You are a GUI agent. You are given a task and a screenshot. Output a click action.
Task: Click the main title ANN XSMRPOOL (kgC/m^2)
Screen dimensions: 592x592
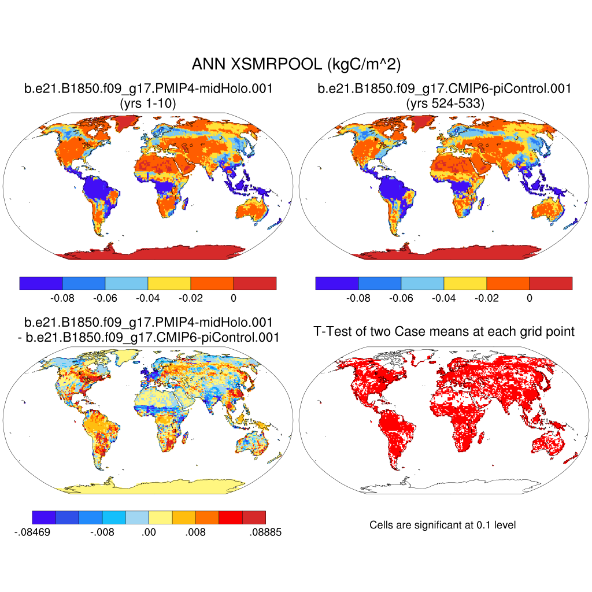(296, 64)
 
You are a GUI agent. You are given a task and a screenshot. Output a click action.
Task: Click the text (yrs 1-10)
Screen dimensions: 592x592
(147, 104)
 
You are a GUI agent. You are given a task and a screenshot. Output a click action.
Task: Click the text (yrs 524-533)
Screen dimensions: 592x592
(444, 104)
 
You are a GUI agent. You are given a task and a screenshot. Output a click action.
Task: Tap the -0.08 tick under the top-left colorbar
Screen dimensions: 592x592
(62, 299)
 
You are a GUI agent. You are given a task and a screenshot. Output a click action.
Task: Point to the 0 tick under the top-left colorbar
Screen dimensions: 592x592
(234, 299)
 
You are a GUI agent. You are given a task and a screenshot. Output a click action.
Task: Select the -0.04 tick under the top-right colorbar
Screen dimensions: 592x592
(444, 299)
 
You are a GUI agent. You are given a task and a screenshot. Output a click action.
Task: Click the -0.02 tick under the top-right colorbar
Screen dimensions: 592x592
(487, 299)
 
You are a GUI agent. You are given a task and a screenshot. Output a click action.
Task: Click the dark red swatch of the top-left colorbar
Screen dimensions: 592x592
(254, 283)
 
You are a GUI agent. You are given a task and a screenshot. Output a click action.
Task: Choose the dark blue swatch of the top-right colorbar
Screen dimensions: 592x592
(337, 283)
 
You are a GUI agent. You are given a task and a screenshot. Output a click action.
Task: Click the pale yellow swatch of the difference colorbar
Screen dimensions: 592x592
(161, 517)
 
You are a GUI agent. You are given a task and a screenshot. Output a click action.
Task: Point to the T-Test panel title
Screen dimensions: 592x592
(444, 332)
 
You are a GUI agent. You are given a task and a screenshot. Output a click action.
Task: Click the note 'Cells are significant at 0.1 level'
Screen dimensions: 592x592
(442, 525)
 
